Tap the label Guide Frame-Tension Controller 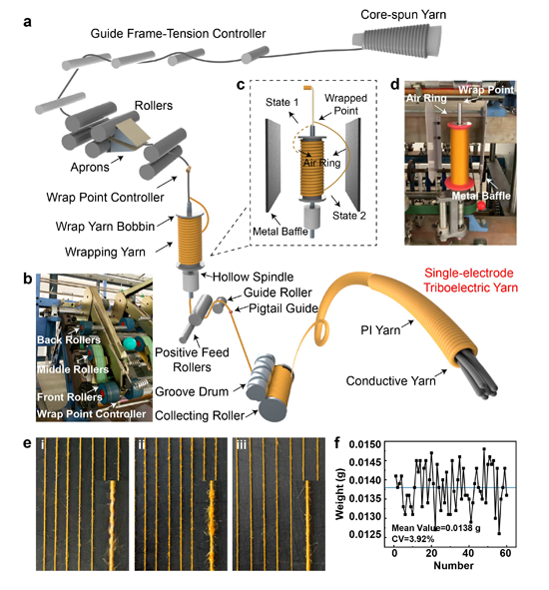coord(178,34)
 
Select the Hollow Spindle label coord(253,277)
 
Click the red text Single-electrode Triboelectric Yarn coord(471,280)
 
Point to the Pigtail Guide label coord(283,308)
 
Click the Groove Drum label coord(192,391)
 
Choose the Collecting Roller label coord(200,415)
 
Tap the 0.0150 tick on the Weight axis coord(364,444)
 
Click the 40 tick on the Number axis coord(468,553)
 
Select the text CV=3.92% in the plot coord(413,539)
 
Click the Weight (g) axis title coord(339,494)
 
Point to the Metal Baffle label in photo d coord(481,196)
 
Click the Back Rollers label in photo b coord(69,339)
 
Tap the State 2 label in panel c coord(348,216)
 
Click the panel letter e coord(27,443)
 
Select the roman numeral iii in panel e coord(241,445)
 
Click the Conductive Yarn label coord(390,380)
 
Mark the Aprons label coord(90,167)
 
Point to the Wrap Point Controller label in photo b coord(91,414)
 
